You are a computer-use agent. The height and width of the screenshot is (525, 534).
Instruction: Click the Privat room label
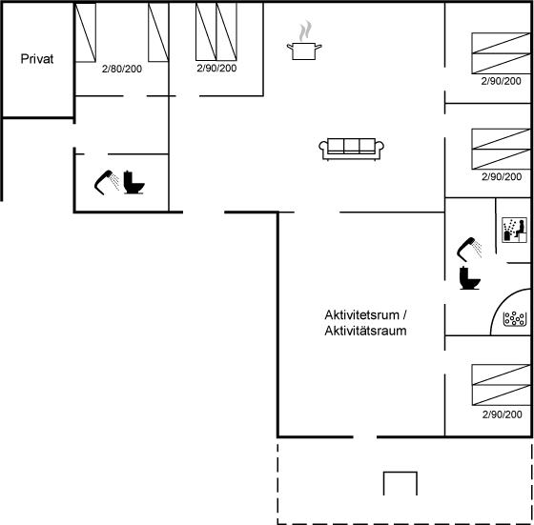click(37, 59)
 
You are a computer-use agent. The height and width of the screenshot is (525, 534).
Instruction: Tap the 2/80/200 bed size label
click(122, 69)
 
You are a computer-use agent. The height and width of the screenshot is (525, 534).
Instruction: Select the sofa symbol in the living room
click(352, 149)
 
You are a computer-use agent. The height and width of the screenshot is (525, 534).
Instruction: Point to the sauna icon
click(514, 231)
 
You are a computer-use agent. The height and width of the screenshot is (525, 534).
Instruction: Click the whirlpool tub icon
click(515, 319)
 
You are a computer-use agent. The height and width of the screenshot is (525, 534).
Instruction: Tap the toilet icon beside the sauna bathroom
click(469, 277)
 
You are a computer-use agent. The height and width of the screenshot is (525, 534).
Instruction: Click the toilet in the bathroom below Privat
click(133, 182)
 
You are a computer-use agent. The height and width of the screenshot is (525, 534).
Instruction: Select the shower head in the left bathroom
click(107, 182)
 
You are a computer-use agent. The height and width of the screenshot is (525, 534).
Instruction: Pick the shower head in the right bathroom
click(469, 249)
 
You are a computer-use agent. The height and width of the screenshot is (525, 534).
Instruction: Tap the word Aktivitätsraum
click(365, 331)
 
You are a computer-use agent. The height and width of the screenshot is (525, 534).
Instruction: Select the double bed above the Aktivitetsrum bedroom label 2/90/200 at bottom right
click(501, 385)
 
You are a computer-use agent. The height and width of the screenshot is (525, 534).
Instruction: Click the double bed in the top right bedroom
click(501, 53)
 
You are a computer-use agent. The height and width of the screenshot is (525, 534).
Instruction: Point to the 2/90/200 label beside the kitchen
click(216, 68)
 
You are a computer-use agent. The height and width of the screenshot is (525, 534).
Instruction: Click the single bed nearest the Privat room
click(85, 32)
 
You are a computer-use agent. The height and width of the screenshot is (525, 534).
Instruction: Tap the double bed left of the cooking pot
click(216, 31)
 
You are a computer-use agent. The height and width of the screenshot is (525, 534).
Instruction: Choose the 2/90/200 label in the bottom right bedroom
click(502, 414)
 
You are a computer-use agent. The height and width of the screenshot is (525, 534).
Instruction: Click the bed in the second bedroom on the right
click(501, 149)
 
